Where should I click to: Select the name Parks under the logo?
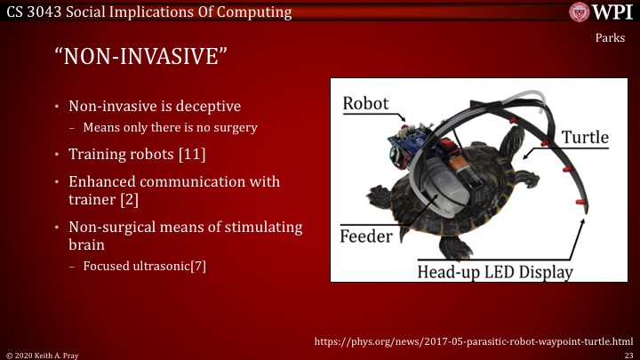611,38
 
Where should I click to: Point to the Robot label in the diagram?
365,102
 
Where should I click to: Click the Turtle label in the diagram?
585,137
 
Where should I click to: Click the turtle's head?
513,133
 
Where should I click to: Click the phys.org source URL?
474,340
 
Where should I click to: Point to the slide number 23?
627,354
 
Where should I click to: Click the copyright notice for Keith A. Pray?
40,354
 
